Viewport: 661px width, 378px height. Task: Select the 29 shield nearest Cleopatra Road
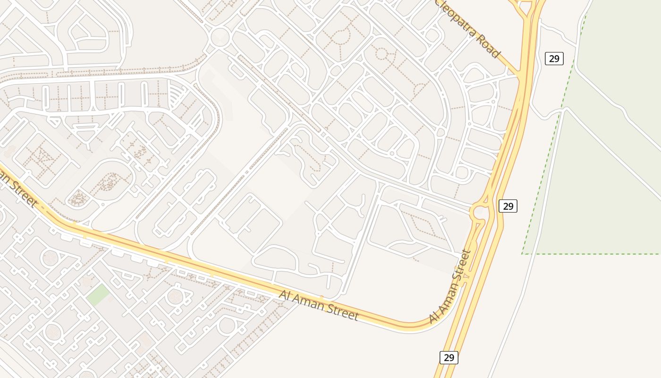(x=554, y=59)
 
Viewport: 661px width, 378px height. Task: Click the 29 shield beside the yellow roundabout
(x=508, y=206)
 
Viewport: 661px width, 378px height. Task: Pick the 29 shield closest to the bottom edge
(x=449, y=357)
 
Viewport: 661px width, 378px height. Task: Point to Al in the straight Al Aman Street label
(x=285, y=295)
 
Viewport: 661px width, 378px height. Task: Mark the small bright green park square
(x=98, y=295)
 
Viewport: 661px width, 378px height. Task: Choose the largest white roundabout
(x=219, y=35)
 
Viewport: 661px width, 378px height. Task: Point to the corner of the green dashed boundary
(x=523, y=254)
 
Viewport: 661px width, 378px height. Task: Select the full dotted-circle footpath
(x=381, y=53)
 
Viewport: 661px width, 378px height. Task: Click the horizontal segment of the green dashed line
(x=590, y=254)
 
